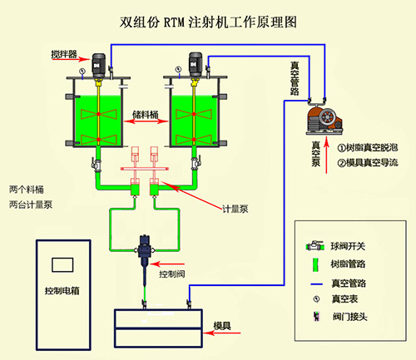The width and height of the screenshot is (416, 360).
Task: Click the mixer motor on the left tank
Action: (x=98, y=62)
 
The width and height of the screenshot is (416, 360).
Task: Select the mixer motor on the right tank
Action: (x=196, y=62)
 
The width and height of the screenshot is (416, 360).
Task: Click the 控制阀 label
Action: (x=174, y=273)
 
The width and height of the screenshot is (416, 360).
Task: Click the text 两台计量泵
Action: (x=31, y=205)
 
